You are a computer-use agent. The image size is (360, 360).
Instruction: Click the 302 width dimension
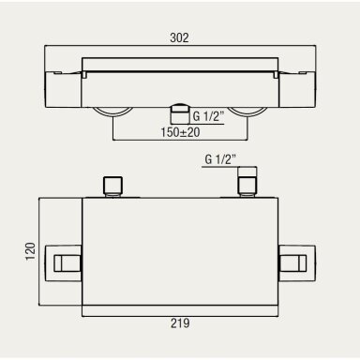point(179,37)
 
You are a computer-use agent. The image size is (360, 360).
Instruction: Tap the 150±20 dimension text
point(180,132)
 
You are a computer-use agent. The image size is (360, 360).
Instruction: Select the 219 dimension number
point(180,323)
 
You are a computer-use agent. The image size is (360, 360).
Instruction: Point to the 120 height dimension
point(31,251)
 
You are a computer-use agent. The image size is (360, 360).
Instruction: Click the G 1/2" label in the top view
point(208,116)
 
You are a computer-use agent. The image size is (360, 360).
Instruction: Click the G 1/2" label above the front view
point(220,159)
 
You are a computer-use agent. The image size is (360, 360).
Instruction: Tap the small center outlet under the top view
point(180,115)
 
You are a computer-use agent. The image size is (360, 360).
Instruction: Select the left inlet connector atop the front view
point(112,187)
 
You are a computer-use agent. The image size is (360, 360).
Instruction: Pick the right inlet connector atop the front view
point(247,182)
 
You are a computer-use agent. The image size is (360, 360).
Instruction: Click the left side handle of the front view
point(64,263)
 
